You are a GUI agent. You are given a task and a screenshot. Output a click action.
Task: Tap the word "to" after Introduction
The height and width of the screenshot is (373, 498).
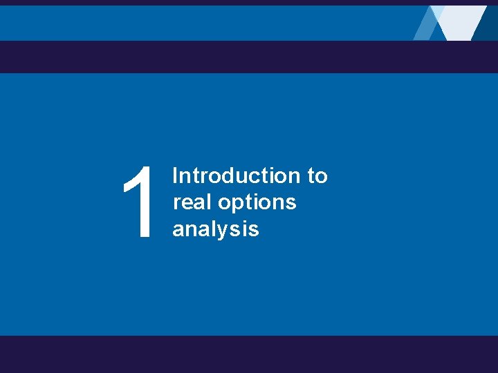tap(317, 176)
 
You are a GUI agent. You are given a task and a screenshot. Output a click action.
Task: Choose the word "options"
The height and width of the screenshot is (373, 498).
tap(257, 204)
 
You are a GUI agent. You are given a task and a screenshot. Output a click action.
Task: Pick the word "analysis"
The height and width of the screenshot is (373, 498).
tap(215, 229)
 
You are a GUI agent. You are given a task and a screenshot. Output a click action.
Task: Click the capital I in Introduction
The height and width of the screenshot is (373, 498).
tap(175, 176)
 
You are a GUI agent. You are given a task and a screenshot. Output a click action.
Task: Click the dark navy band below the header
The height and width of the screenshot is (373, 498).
tap(249, 57)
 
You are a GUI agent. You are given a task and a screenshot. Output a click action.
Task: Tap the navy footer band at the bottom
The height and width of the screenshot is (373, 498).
tap(249, 354)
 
